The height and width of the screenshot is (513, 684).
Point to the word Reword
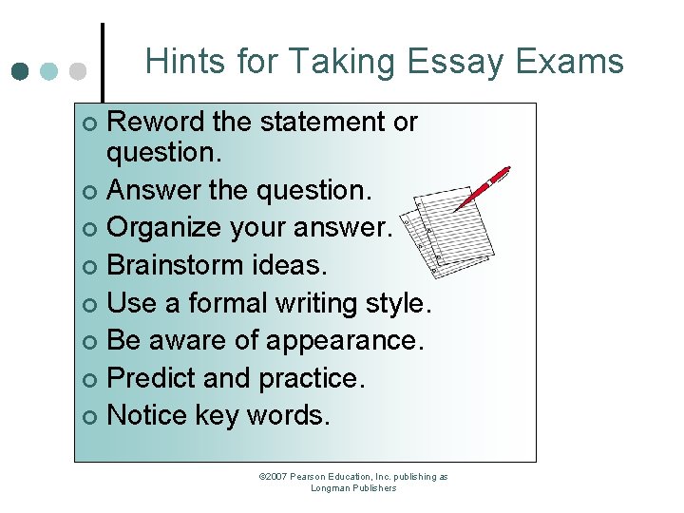[x=155, y=123]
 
